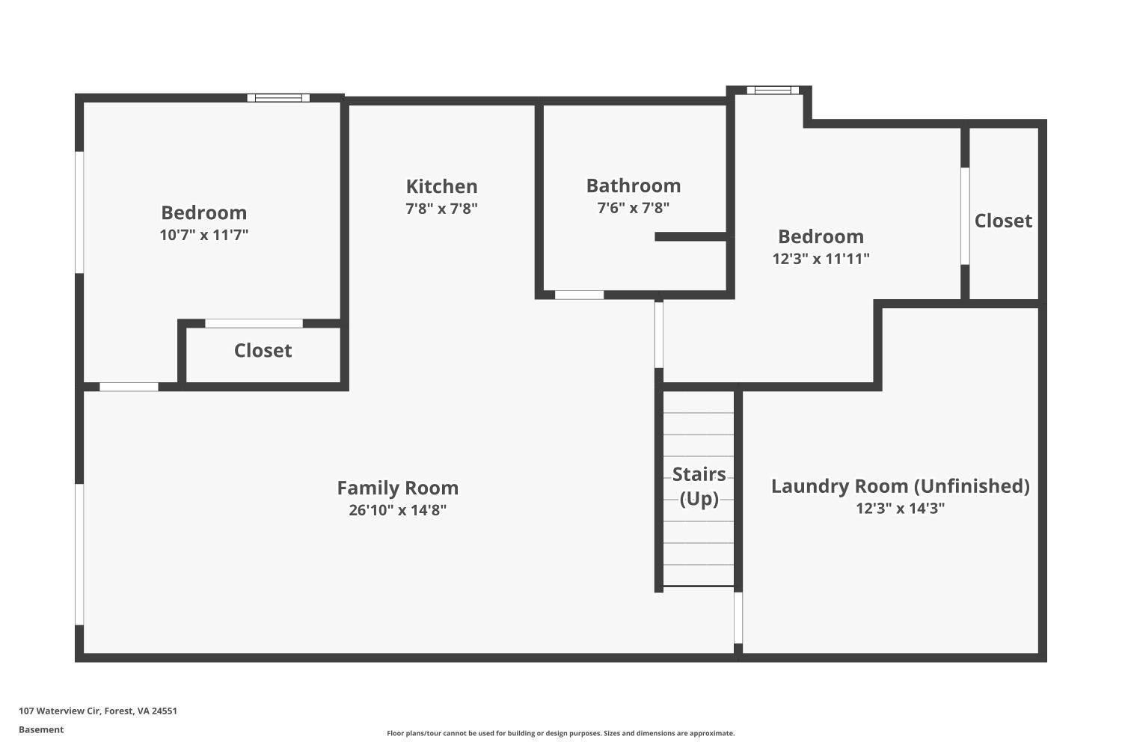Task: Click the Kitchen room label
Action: tap(441, 186)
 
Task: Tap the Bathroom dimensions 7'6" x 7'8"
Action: tap(633, 208)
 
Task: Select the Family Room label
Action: tap(397, 488)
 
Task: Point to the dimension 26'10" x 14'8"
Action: tap(397, 510)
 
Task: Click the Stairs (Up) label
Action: tap(699, 485)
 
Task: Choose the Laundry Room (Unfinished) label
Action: tap(900, 486)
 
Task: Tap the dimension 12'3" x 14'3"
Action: tap(900, 509)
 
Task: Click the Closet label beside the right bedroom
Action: tap(1002, 221)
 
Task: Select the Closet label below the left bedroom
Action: tap(263, 350)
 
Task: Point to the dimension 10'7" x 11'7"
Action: tap(203, 235)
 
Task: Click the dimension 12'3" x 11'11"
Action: tap(821, 259)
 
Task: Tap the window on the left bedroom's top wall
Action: tap(278, 97)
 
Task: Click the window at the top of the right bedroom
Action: tap(773, 91)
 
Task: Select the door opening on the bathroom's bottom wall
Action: tap(579, 295)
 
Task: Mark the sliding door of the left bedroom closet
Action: tap(254, 323)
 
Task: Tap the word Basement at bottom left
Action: tap(41, 729)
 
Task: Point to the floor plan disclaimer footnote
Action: tap(560, 733)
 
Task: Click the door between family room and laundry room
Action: tap(738, 618)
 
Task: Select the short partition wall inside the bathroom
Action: tap(690, 236)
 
